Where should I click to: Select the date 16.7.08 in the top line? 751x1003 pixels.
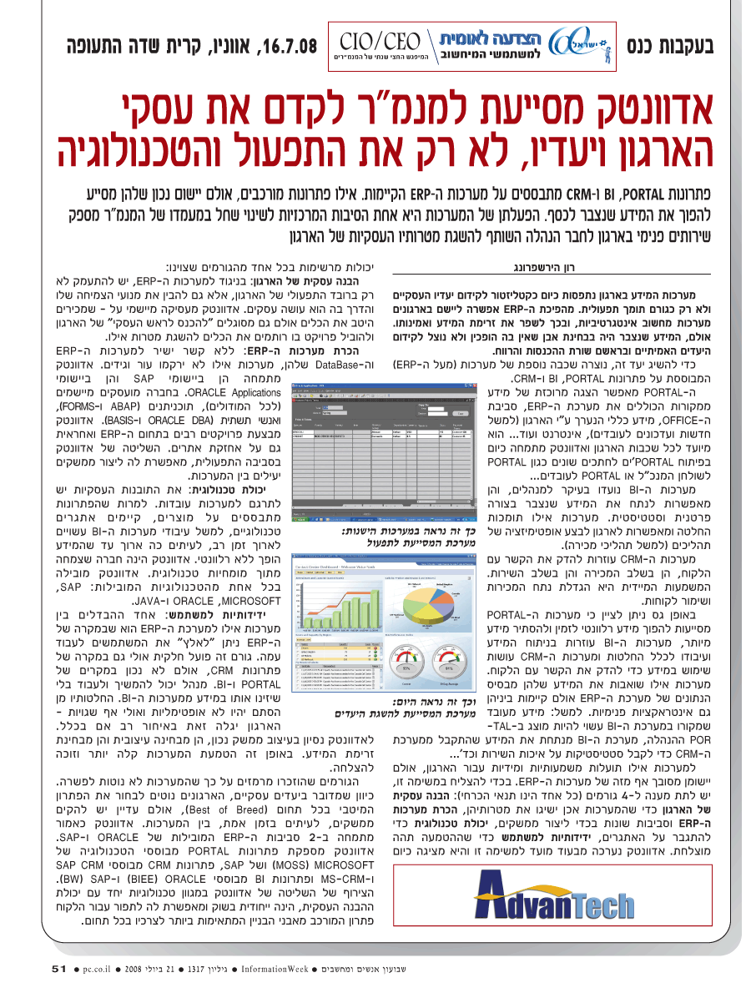point(289,44)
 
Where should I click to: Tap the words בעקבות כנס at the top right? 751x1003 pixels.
point(672,44)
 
